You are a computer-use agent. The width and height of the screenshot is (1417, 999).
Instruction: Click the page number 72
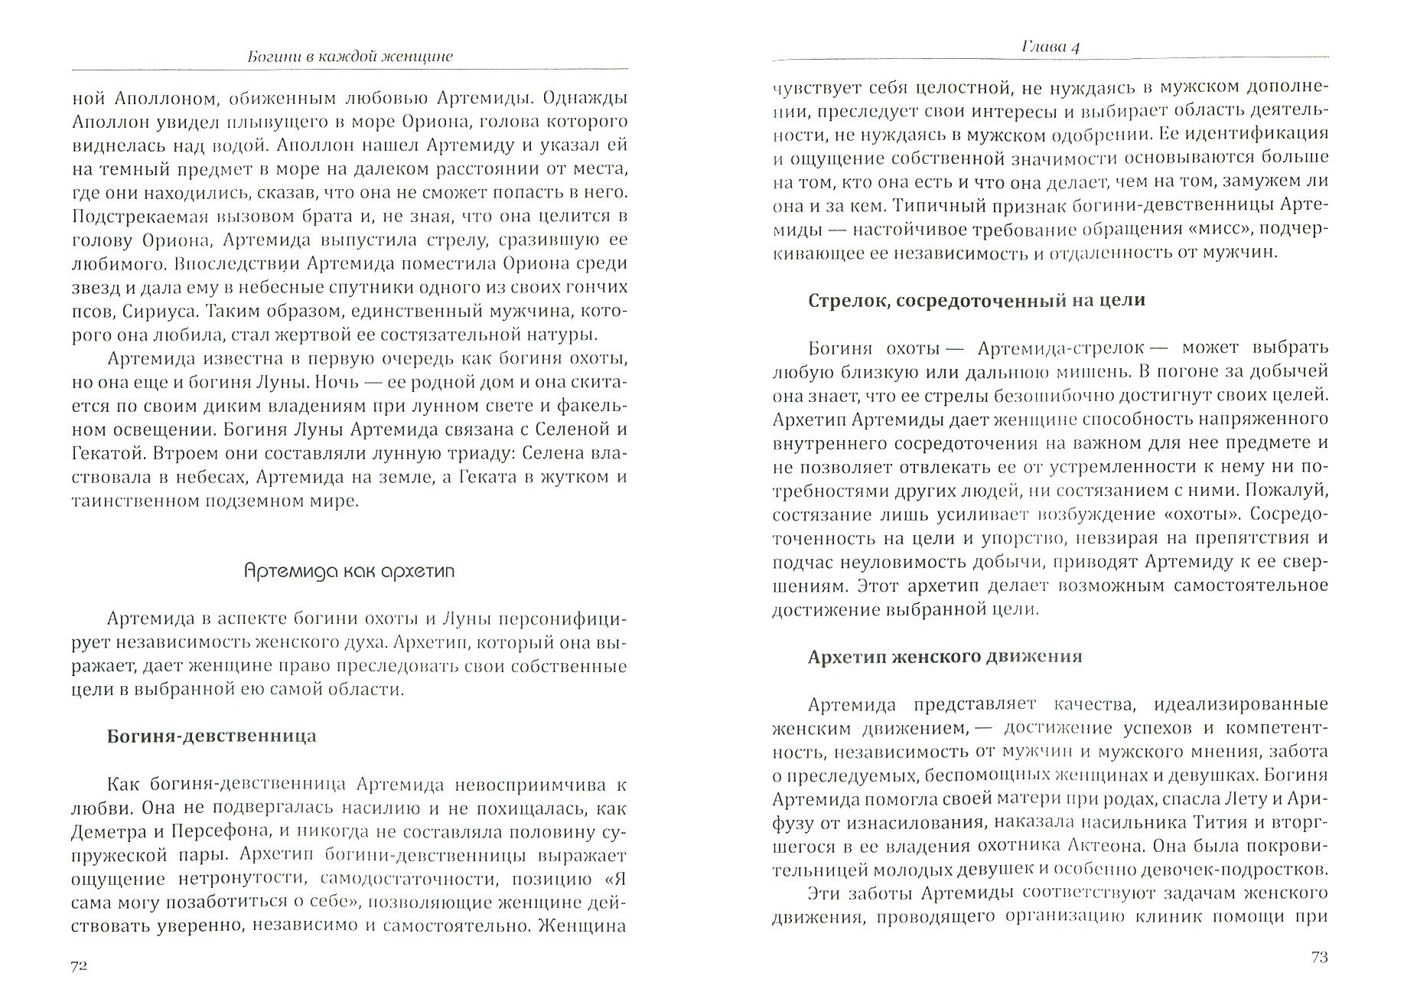(79, 966)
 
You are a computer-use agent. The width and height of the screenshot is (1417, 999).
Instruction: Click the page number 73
(1319, 956)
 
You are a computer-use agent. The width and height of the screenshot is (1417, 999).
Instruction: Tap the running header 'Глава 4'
(1051, 47)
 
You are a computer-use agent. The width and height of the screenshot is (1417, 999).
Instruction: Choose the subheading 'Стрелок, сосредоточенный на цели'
(976, 300)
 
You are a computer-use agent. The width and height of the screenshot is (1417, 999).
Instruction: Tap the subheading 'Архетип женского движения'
(945, 657)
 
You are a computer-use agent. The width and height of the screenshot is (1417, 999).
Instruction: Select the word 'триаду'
(432, 452)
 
